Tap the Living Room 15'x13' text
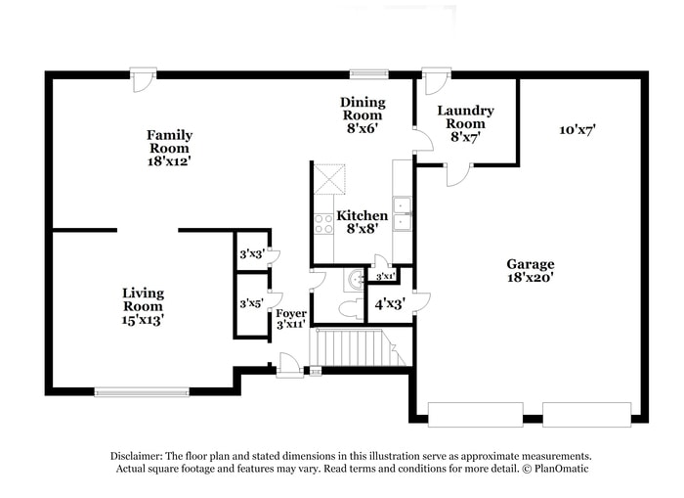(x=143, y=305)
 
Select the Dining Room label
(x=362, y=114)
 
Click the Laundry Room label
(x=465, y=123)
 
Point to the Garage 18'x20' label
(x=530, y=270)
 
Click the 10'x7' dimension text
(x=577, y=129)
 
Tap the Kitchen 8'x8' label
(x=362, y=222)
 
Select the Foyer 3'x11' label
(x=291, y=318)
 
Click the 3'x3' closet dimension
(x=252, y=255)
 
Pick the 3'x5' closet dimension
(x=252, y=304)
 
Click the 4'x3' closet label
(x=391, y=304)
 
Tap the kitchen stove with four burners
(x=323, y=223)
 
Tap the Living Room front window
(x=142, y=392)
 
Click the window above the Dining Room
(x=368, y=73)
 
